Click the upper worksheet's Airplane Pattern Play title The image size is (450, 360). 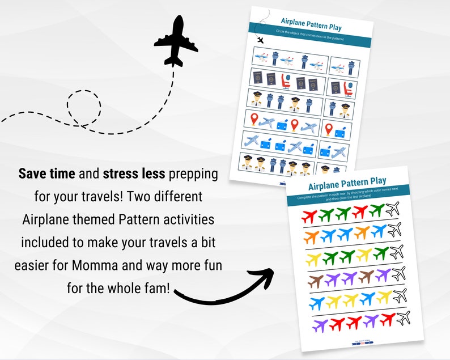coord(311,27)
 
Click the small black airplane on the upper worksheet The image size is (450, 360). coord(260,40)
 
